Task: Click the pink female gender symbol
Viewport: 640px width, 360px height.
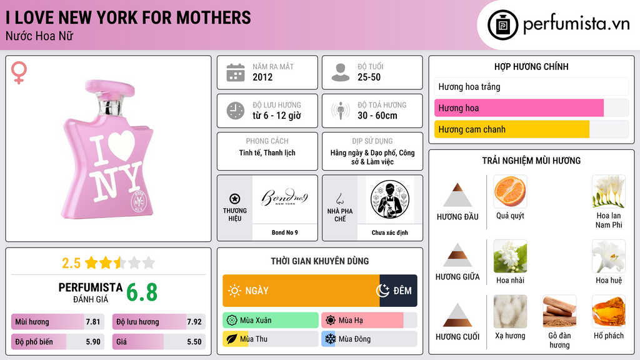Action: [19, 72]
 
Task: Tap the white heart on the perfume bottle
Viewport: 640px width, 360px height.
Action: [121, 145]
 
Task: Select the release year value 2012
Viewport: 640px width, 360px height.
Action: [262, 77]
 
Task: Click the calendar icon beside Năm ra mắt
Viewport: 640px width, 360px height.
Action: [236, 72]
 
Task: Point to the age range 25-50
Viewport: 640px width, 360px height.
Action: [369, 77]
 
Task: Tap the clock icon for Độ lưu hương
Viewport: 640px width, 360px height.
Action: [236, 111]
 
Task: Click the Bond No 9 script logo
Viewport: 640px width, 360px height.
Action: [284, 197]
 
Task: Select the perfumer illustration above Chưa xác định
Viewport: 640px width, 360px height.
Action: [390, 199]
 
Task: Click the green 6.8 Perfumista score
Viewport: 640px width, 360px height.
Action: [142, 292]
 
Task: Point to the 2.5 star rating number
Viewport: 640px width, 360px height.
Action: [71, 263]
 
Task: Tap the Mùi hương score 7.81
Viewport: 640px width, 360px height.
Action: [92, 322]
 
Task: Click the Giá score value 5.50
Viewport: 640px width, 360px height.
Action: [194, 342]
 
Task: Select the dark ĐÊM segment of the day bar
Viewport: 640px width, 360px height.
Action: [398, 291]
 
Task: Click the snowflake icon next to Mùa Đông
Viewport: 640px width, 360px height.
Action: [330, 339]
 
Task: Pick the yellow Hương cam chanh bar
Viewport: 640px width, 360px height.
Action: [512, 129]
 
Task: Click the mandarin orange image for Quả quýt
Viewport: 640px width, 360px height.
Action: [510, 191]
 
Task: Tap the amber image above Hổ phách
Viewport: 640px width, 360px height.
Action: [609, 311]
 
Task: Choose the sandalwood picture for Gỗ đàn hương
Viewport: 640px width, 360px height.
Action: [559, 311]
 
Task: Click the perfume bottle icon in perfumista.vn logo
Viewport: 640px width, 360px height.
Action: [503, 25]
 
